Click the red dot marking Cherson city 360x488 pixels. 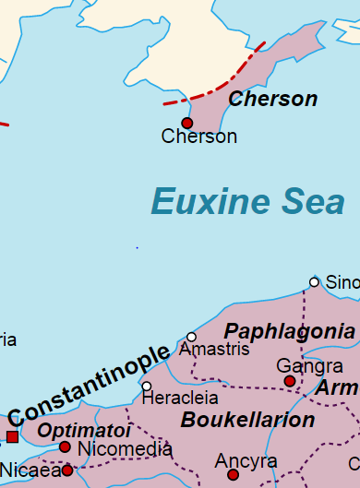pos(187,123)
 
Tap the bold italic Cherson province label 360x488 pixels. pos(272,99)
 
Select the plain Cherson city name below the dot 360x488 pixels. pos(198,137)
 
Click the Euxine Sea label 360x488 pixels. pos(247,202)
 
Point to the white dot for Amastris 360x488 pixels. pos(192,337)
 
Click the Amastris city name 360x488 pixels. pos(214,351)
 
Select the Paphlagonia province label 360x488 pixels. pos(291,330)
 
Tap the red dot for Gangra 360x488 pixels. pos(290,381)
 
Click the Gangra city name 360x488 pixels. pos(309,366)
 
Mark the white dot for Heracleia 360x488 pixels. pos(146,386)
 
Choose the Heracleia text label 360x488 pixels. pos(180,399)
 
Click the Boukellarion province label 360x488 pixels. pos(247,421)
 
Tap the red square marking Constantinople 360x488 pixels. pos(12,436)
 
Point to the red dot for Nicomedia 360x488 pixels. pos(65,447)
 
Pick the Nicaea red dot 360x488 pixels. pos(67,470)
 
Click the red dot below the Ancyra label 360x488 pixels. pos(234,475)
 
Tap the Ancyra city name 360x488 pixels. pos(246,460)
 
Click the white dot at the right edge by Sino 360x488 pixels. pos(314,281)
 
